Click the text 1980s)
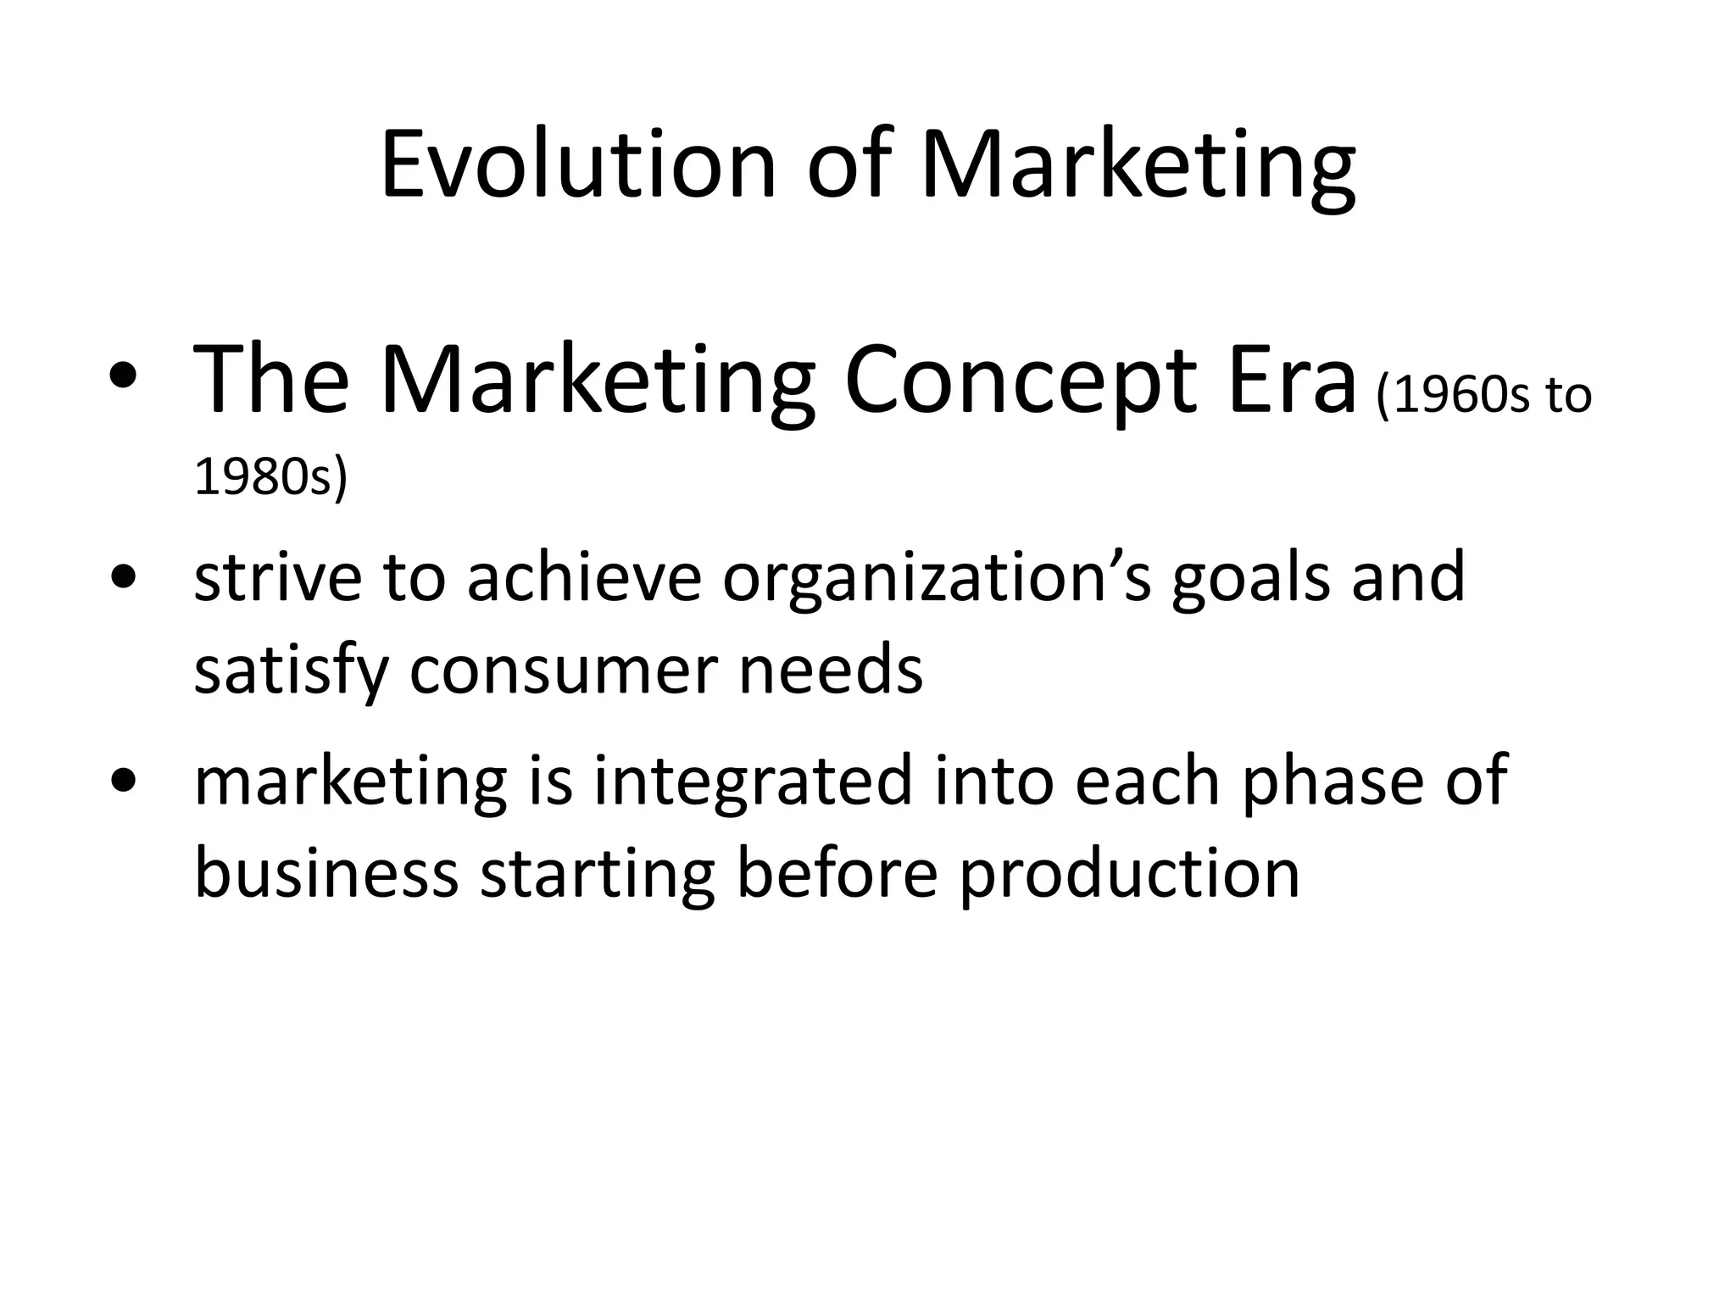point(271,476)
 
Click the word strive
point(277,577)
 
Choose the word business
point(326,873)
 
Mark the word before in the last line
point(837,873)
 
